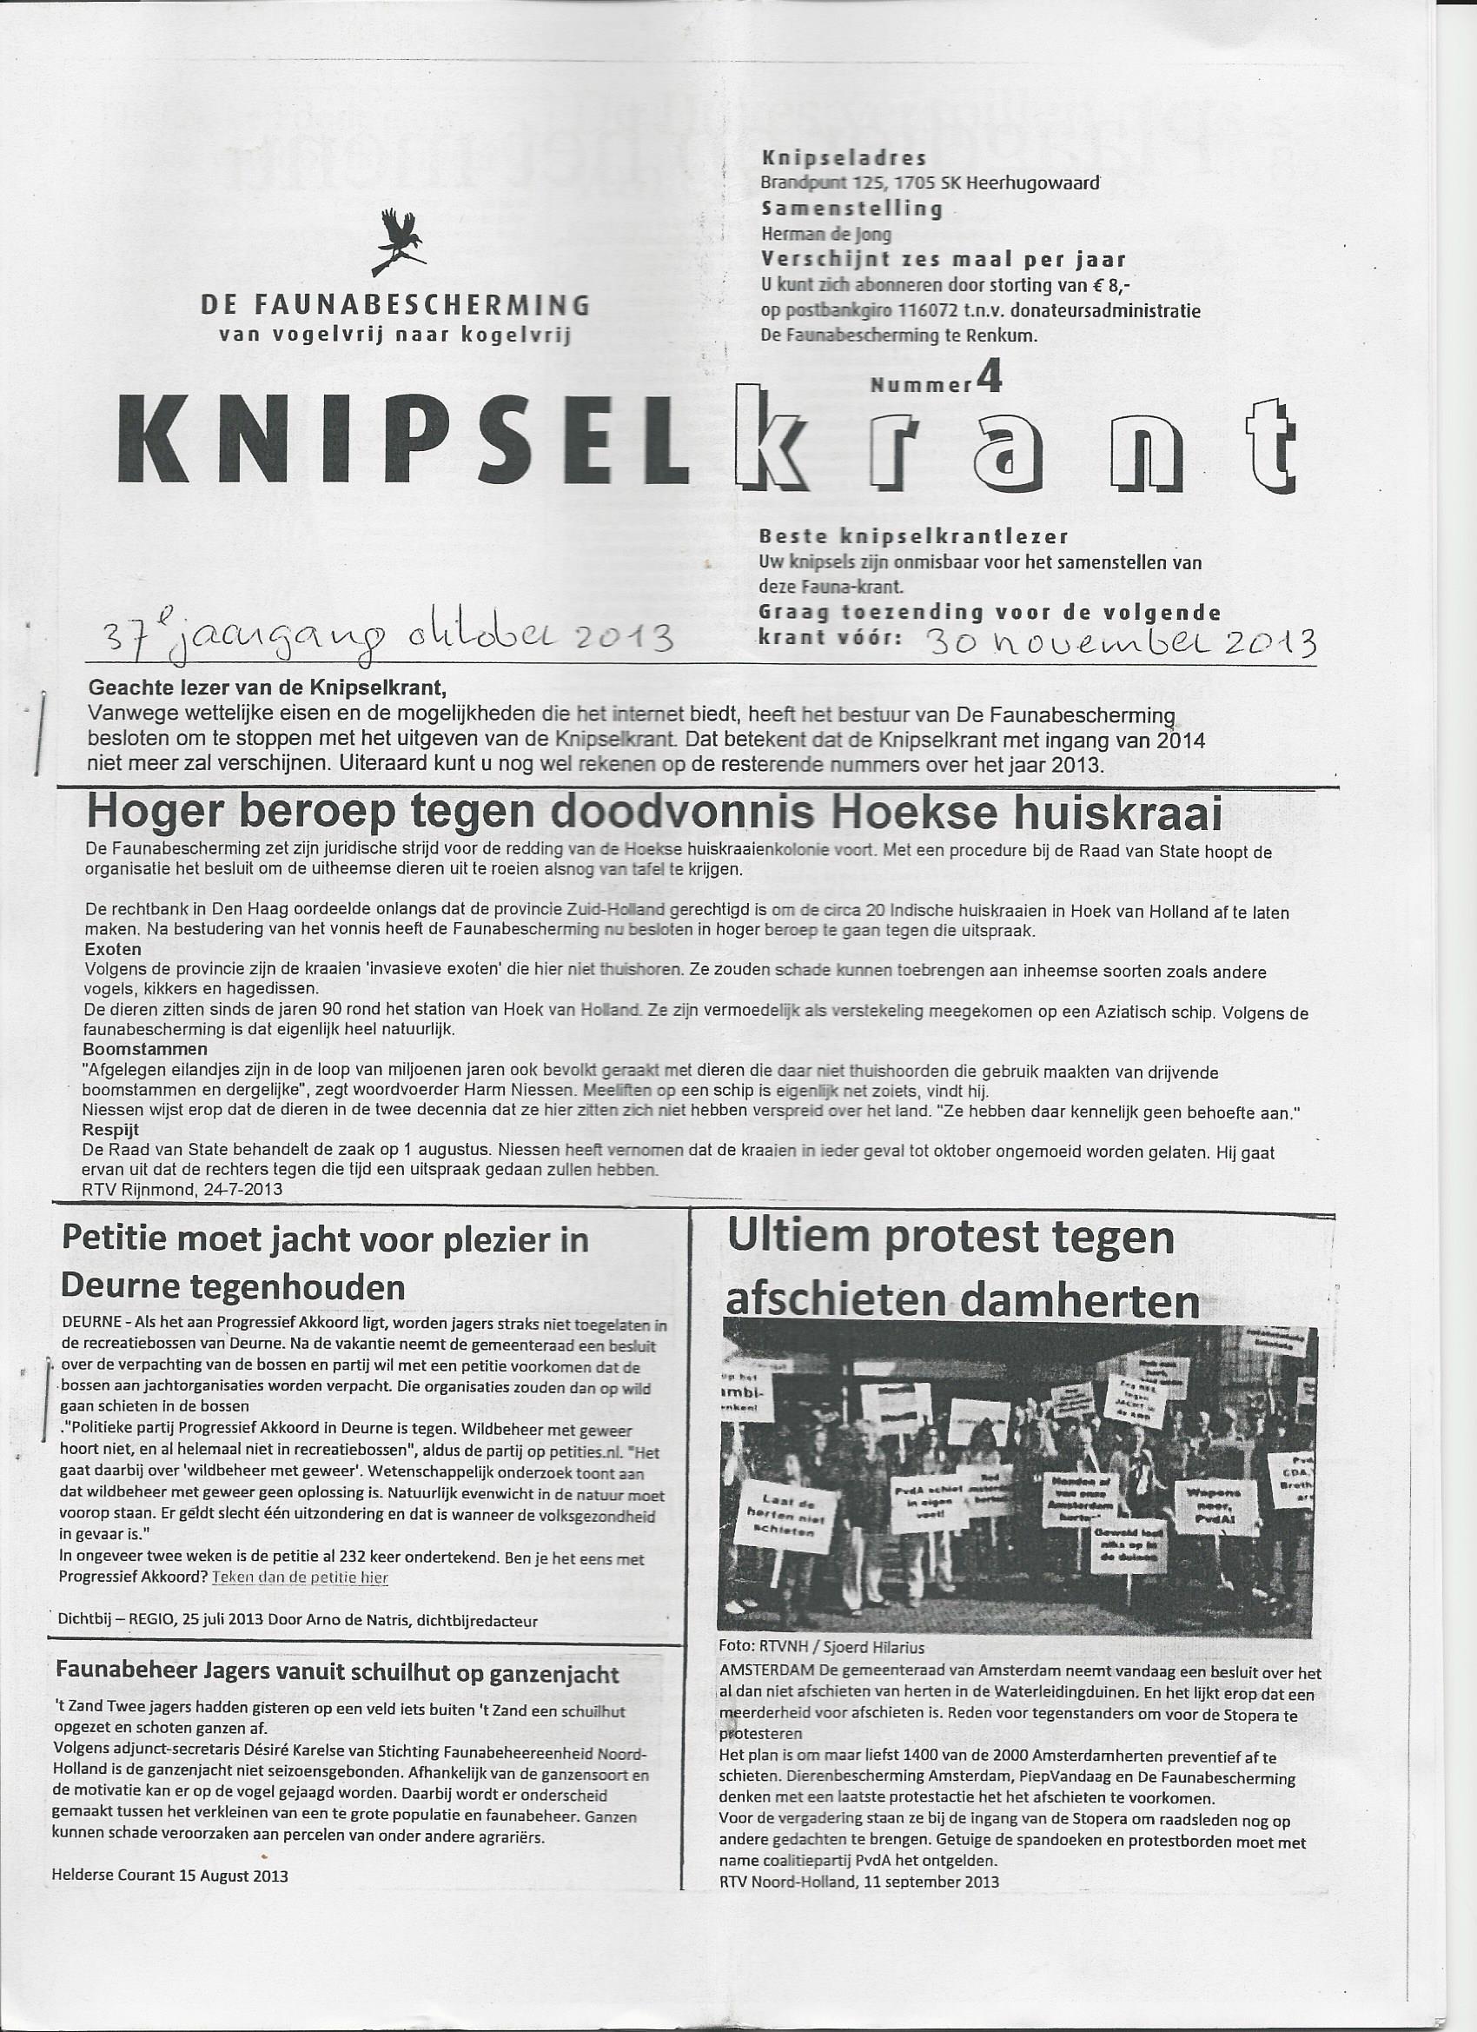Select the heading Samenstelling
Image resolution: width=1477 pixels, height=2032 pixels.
coord(851,209)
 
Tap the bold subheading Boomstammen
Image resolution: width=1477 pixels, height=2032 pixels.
coord(145,1048)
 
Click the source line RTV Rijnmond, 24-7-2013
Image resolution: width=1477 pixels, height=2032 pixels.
coord(182,1190)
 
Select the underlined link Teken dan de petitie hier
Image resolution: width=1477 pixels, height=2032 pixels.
coord(300,1577)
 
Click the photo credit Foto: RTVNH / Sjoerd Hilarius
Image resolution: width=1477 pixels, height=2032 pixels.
coord(821,1647)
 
